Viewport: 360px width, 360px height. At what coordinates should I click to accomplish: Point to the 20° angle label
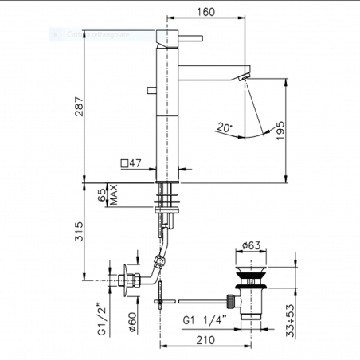coord(224,126)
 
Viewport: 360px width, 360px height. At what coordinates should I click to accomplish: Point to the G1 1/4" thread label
coord(204,319)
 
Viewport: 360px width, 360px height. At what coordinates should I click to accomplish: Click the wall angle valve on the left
coord(126,280)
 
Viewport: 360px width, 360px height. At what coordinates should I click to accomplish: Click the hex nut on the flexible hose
coord(160,262)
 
